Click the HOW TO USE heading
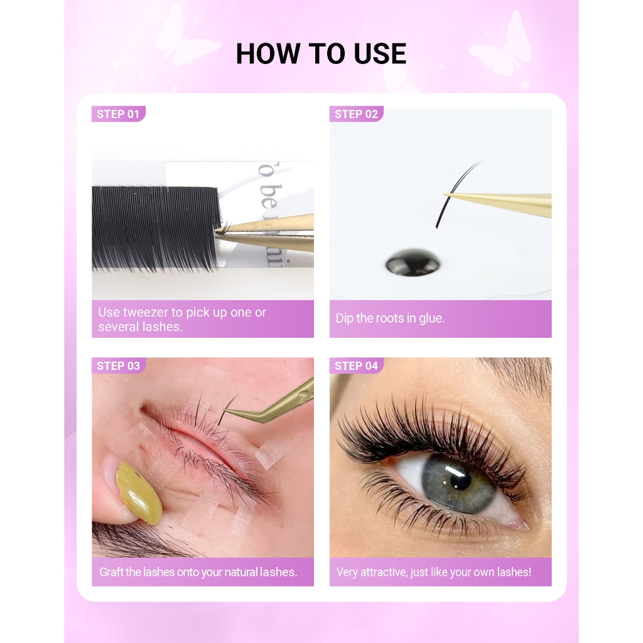click(x=321, y=54)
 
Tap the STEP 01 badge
click(x=118, y=114)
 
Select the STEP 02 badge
click(x=356, y=114)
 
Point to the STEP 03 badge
click(x=118, y=366)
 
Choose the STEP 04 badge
click(x=356, y=366)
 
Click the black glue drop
click(x=413, y=262)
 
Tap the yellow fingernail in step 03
click(x=139, y=493)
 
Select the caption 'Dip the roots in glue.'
click(x=390, y=318)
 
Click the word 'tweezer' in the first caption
click(x=146, y=313)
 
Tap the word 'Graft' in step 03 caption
click(x=111, y=572)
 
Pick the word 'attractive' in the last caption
click(x=384, y=573)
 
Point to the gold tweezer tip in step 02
click(x=445, y=194)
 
